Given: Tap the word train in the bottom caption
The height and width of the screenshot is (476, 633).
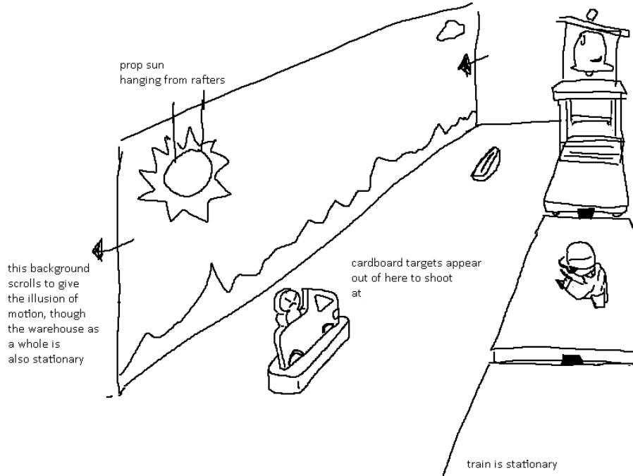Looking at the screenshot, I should (477, 464).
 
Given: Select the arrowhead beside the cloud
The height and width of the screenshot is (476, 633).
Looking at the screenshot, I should (464, 64).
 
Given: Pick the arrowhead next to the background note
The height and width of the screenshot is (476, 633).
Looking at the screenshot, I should (97, 249).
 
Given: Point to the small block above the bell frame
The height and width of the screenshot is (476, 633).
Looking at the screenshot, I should (591, 15).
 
